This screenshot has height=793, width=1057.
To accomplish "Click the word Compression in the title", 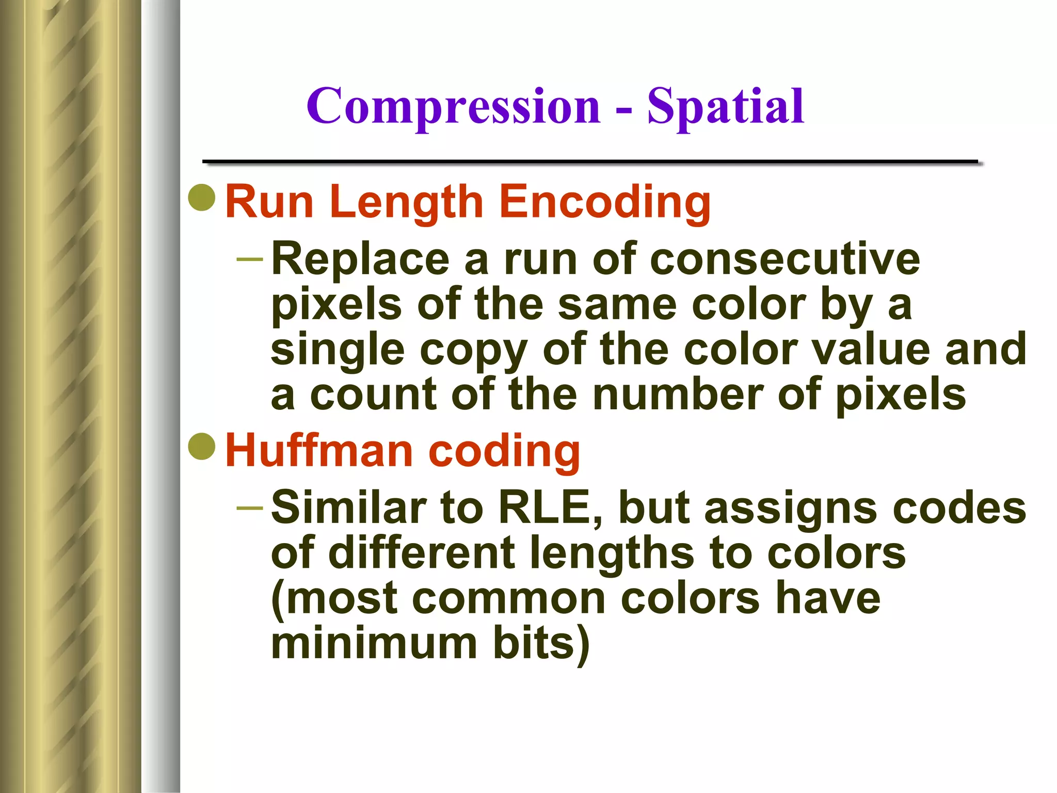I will click(x=453, y=107).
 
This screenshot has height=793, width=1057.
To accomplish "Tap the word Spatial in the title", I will click(x=725, y=107).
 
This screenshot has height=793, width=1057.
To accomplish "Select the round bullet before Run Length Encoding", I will click(x=202, y=198).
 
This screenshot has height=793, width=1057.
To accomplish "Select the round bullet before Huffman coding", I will click(x=202, y=447).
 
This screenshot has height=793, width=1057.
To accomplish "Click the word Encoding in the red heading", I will click(x=604, y=202).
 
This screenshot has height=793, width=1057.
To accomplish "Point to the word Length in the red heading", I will click(x=406, y=202).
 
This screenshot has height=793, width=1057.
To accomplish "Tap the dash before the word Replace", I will click(x=250, y=258).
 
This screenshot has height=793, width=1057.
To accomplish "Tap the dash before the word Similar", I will click(x=250, y=507).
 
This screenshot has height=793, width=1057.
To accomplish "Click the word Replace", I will click(x=360, y=259).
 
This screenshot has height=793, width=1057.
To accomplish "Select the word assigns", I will click(x=790, y=509).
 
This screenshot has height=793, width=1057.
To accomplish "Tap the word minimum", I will click(x=374, y=644).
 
